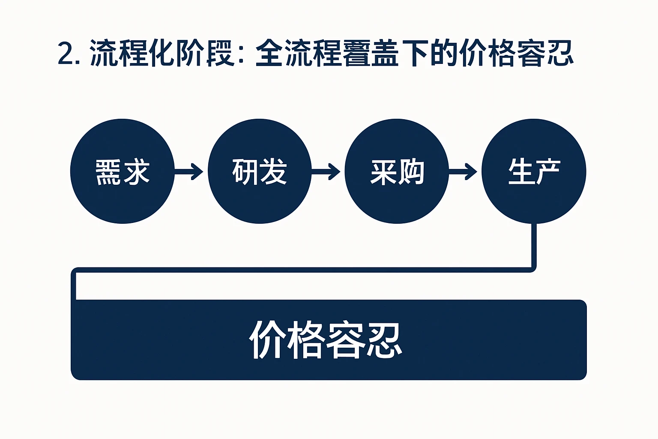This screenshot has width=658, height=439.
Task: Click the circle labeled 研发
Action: pyautogui.click(x=260, y=171)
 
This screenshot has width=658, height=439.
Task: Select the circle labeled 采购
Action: pyautogui.click(x=397, y=171)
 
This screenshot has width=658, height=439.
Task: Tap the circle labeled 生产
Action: pyautogui.click(x=534, y=171)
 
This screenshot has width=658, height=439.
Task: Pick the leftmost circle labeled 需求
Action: pyautogui.click(x=123, y=171)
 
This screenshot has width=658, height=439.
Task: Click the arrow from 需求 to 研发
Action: pyautogui.click(x=189, y=171)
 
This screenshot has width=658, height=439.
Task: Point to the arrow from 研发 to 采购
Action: pyautogui.click(x=326, y=171)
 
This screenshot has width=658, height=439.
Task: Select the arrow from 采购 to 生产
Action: pyautogui.click(x=463, y=171)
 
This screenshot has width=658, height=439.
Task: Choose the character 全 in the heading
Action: pyautogui.click(x=270, y=54)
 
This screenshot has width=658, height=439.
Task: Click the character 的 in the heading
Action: pyautogui.click(x=444, y=54)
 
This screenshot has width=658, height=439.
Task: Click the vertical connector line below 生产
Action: pyautogui.click(x=534, y=244)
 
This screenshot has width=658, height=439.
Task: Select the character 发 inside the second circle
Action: pyautogui.click(x=273, y=172)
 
